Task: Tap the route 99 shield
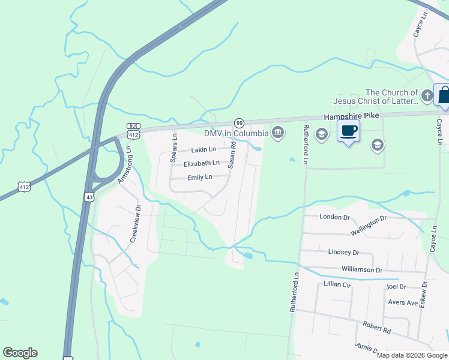[239, 122]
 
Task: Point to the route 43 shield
[88, 197]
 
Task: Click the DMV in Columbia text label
[236, 133]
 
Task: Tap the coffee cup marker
[349, 131]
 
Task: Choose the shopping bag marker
[444, 96]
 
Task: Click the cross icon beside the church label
[427, 95]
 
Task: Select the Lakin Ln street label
[203, 149]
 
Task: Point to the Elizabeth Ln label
[202, 163]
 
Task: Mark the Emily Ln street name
[200, 177]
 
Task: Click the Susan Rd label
[232, 154]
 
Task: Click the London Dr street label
[334, 217]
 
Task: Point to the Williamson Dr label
[361, 270]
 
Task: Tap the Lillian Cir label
[337, 284]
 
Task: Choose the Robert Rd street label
[376, 328]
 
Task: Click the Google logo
[20, 353]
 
